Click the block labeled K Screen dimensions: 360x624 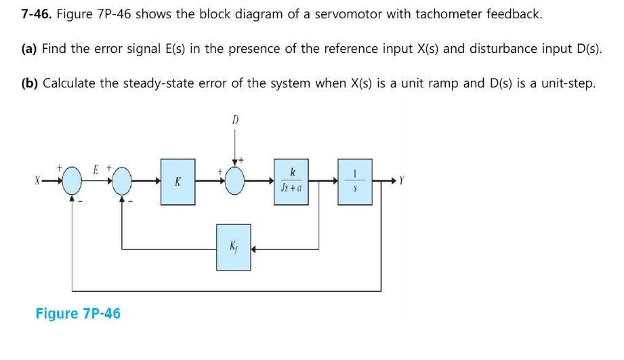pyautogui.click(x=178, y=182)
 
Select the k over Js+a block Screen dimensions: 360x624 pyautogui.click(x=292, y=181)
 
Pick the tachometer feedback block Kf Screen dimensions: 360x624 pyautogui.click(x=234, y=247)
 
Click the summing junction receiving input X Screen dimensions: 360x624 pyautogui.click(x=72, y=182)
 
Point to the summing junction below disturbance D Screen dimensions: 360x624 pyautogui.click(x=235, y=182)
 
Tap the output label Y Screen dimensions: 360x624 pyautogui.click(x=402, y=181)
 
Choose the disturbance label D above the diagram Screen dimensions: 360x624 pyautogui.click(x=235, y=120)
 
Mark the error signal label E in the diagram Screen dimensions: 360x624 pyautogui.click(x=96, y=169)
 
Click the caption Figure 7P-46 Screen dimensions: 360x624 pyautogui.click(x=78, y=313)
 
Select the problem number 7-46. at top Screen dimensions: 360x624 pyautogui.click(x=35, y=14)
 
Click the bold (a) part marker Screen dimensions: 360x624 pyautogui.click(x=29, y=49)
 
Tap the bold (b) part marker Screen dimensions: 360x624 pyautogui.click(x=29, y=83)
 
